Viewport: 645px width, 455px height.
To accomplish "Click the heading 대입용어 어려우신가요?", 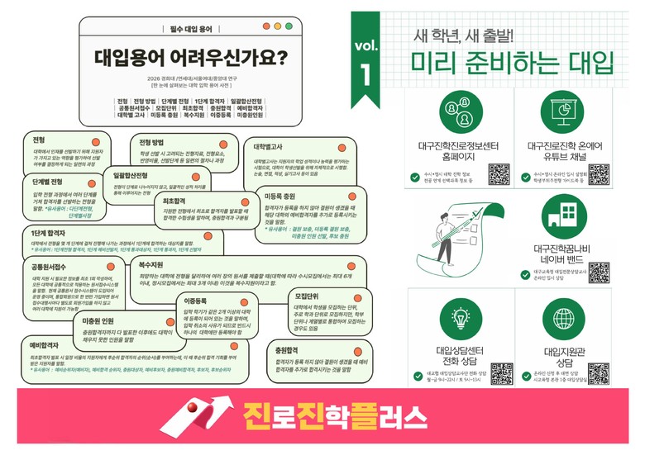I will pos(190,58).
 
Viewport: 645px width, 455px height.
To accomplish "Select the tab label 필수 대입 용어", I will pos(190,29).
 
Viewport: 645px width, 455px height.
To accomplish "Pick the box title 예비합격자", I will pos(45,348).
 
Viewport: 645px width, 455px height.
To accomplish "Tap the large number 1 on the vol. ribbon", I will pos(366,73).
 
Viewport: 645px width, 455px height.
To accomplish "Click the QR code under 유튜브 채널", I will pos(599,174).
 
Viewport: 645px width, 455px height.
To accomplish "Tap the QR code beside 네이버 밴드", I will pos(599,272).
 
